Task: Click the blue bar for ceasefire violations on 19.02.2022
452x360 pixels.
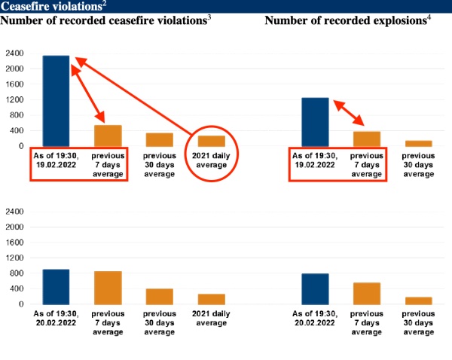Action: click(x=56, y=101)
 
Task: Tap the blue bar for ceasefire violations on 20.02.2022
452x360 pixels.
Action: click(x=56, y=287)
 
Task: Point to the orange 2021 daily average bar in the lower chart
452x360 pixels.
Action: click(x=212, y=299)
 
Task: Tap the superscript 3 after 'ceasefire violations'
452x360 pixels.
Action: click(x=209, y=17)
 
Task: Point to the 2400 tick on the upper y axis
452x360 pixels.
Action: click(x=15, y=53)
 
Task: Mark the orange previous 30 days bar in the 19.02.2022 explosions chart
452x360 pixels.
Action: click(x=419, y=143)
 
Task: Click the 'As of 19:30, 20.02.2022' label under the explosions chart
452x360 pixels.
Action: click(x=315, y=317)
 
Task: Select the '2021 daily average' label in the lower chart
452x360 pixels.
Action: click(x=212, y=317)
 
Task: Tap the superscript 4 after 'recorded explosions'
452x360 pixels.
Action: click(x=429, y=17)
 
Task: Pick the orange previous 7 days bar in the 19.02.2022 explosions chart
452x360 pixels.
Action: click(x=367, y=139)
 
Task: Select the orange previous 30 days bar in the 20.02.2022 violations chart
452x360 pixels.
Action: click(x=160, y=296)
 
